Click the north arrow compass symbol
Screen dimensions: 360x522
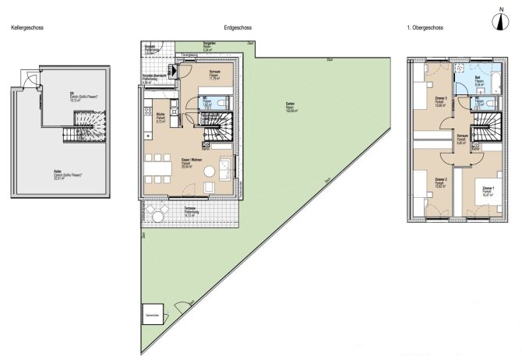pyautogui.click(x=499, y=21)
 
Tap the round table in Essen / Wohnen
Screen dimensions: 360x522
pyautogui.click(x=208, y=170)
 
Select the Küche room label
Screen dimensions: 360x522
pyautogui.click(x=161, y=117)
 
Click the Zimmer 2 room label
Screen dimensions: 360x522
pyautogui.click(x=439, y=183)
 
